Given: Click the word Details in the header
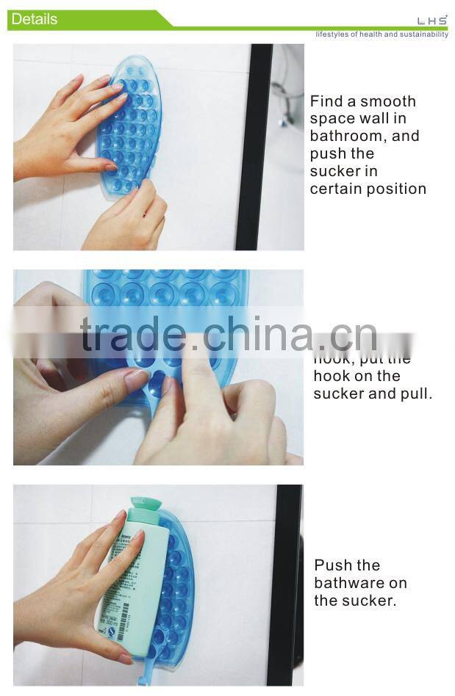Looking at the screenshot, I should tap(34, 19).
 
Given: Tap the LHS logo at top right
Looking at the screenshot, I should tap(431, 21).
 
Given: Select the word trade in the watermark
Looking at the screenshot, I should tap(133, 336).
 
